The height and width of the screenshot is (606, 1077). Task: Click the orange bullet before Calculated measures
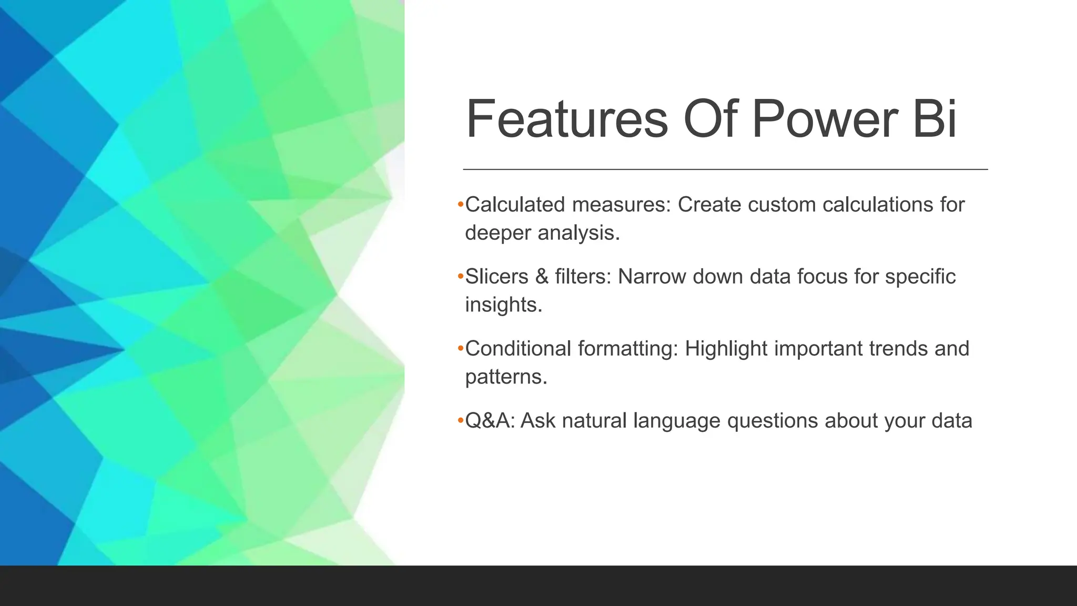tap(460, 204)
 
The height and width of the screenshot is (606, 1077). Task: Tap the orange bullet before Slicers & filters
tap(460, 276)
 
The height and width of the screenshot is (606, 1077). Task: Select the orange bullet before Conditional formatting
tap(460, 348)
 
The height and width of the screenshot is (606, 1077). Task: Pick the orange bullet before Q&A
tap(460, 420)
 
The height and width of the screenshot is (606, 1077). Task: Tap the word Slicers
tap(496, 277)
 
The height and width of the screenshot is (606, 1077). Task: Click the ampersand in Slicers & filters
tap(542, 277)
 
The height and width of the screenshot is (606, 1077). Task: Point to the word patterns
tap(506, 377)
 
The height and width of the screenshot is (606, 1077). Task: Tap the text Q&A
tap(489, 421)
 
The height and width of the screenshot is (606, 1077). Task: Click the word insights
tap(503, 305)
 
